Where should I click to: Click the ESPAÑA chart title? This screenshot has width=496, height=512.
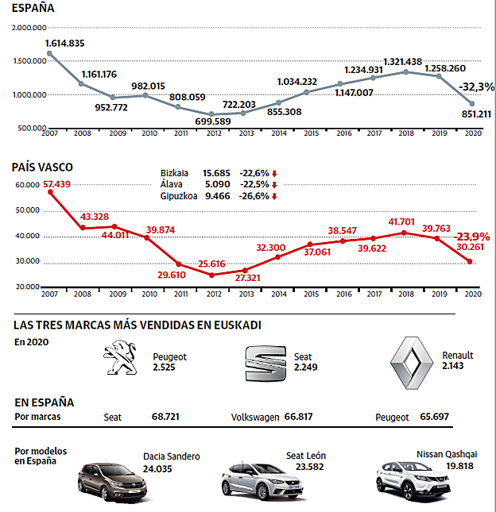coord(33,10)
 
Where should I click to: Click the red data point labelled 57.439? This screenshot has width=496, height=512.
coord(49,192)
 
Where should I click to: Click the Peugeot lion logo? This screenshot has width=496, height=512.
coord(122,361)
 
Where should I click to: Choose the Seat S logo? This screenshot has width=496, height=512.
coord(263,363)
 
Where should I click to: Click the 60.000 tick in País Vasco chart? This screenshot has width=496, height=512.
coord(29,185)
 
